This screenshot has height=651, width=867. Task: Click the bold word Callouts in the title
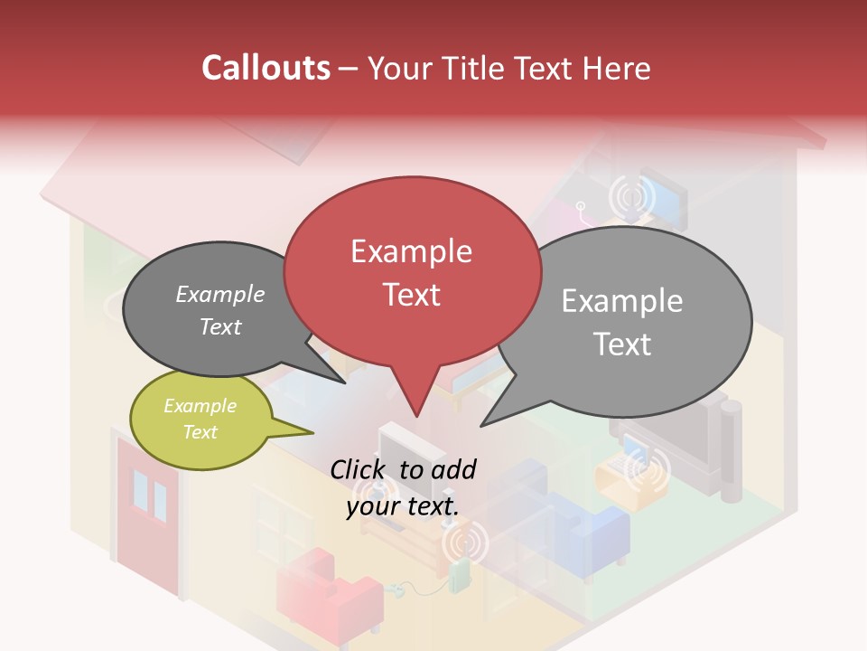coord(266,69)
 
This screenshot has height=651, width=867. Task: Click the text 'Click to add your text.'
coord(403,487)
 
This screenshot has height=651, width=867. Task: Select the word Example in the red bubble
coord(411,251)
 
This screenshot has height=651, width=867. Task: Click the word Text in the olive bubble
coord(200,432)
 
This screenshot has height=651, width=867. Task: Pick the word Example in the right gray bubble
coord(621,301)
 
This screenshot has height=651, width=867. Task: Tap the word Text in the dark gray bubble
coord(219,327)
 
